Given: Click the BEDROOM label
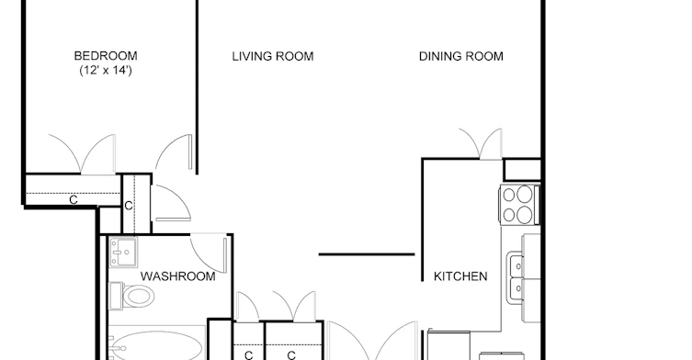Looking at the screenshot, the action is (106, 56).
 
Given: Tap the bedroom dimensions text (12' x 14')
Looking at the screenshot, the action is (106, 70).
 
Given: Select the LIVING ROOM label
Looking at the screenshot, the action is (273, 56).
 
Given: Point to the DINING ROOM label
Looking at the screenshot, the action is (460, 56).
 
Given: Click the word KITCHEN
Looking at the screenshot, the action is (460, 276).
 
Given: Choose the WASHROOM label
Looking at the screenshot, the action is (178, 276).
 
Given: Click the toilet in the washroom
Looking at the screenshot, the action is (132, 296).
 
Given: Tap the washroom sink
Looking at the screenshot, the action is (123, 253).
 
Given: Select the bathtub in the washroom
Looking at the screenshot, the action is (156, 344).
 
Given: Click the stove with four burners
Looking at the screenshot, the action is (519, 204).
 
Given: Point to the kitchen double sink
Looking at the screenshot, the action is (515, 277).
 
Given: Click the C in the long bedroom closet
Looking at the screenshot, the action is (74, 200).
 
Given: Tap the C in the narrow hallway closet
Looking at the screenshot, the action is (129, 206).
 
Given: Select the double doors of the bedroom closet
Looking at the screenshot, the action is (82, 154).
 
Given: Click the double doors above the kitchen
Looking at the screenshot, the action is (481, 143).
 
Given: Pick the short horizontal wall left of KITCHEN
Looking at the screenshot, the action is (367, 254).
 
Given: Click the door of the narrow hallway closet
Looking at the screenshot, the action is (172, 204).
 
